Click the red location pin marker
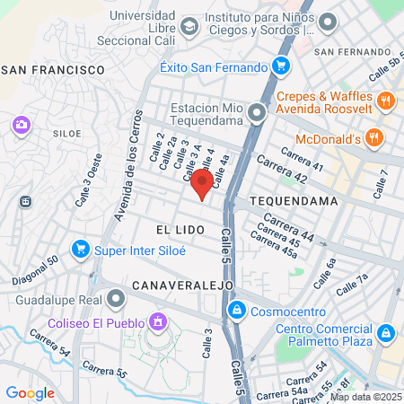pyautogui.click(x=202, y=185)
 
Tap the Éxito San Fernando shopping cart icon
pyautogui.click(x=281, y=66)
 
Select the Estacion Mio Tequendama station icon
pyautogui.click(x=258, y=113)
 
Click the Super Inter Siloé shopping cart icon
pyautogui.click(x=80, y=249)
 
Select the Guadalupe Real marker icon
pyautogui.click(x=115, y=298)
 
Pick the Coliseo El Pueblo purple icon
pyautogui.click(x=158, y=321)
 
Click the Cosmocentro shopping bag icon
pyautogui.click(x=236, y=311)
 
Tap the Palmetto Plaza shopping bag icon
pyautogui.click(x=386, y=333)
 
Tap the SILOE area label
pyautogui.click(x=67, y=133)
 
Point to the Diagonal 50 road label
pyautogui.click(x=35, y=270)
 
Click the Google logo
pyautogui.click(x=30, y=392)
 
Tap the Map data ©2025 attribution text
pyautogui.click(x=365, y=397)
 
